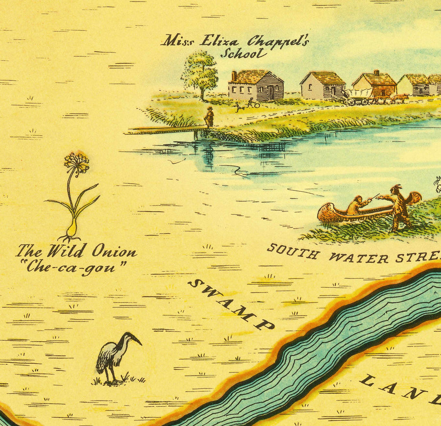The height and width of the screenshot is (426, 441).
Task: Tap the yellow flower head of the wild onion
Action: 77,162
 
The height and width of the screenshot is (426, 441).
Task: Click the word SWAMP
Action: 230,304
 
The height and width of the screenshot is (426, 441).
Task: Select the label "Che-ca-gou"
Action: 76,268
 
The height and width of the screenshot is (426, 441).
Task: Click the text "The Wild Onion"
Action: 76,252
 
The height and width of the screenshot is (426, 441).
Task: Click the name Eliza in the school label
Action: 216,41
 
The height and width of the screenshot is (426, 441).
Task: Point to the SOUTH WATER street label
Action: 353,254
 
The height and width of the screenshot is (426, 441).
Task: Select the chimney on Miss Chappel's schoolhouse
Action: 234,75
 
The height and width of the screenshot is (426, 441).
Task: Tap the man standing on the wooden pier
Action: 209,117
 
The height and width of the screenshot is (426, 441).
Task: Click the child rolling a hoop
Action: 252,103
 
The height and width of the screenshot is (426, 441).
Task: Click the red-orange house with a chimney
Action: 375,84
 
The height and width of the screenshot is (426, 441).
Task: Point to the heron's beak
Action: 137,341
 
